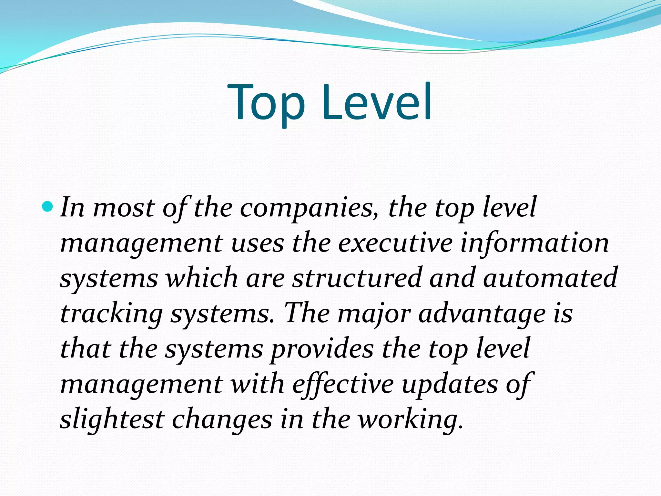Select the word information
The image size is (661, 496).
coord(534,243)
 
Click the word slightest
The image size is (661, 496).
coord(112,420)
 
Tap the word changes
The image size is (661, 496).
coord(222,420)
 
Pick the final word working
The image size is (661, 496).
coord(410,420)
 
